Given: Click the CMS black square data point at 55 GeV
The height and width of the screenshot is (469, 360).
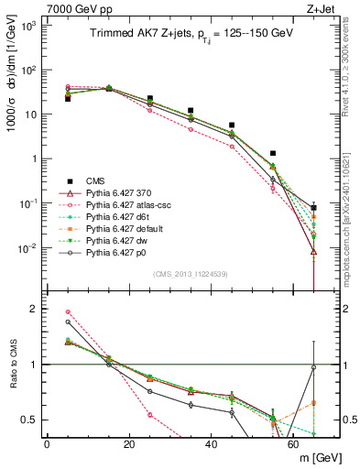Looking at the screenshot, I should [273, 154].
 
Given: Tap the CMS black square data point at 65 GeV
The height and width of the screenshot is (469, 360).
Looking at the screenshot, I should [314, 208].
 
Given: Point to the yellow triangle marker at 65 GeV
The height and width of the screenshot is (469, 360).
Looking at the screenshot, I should [314, 251].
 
